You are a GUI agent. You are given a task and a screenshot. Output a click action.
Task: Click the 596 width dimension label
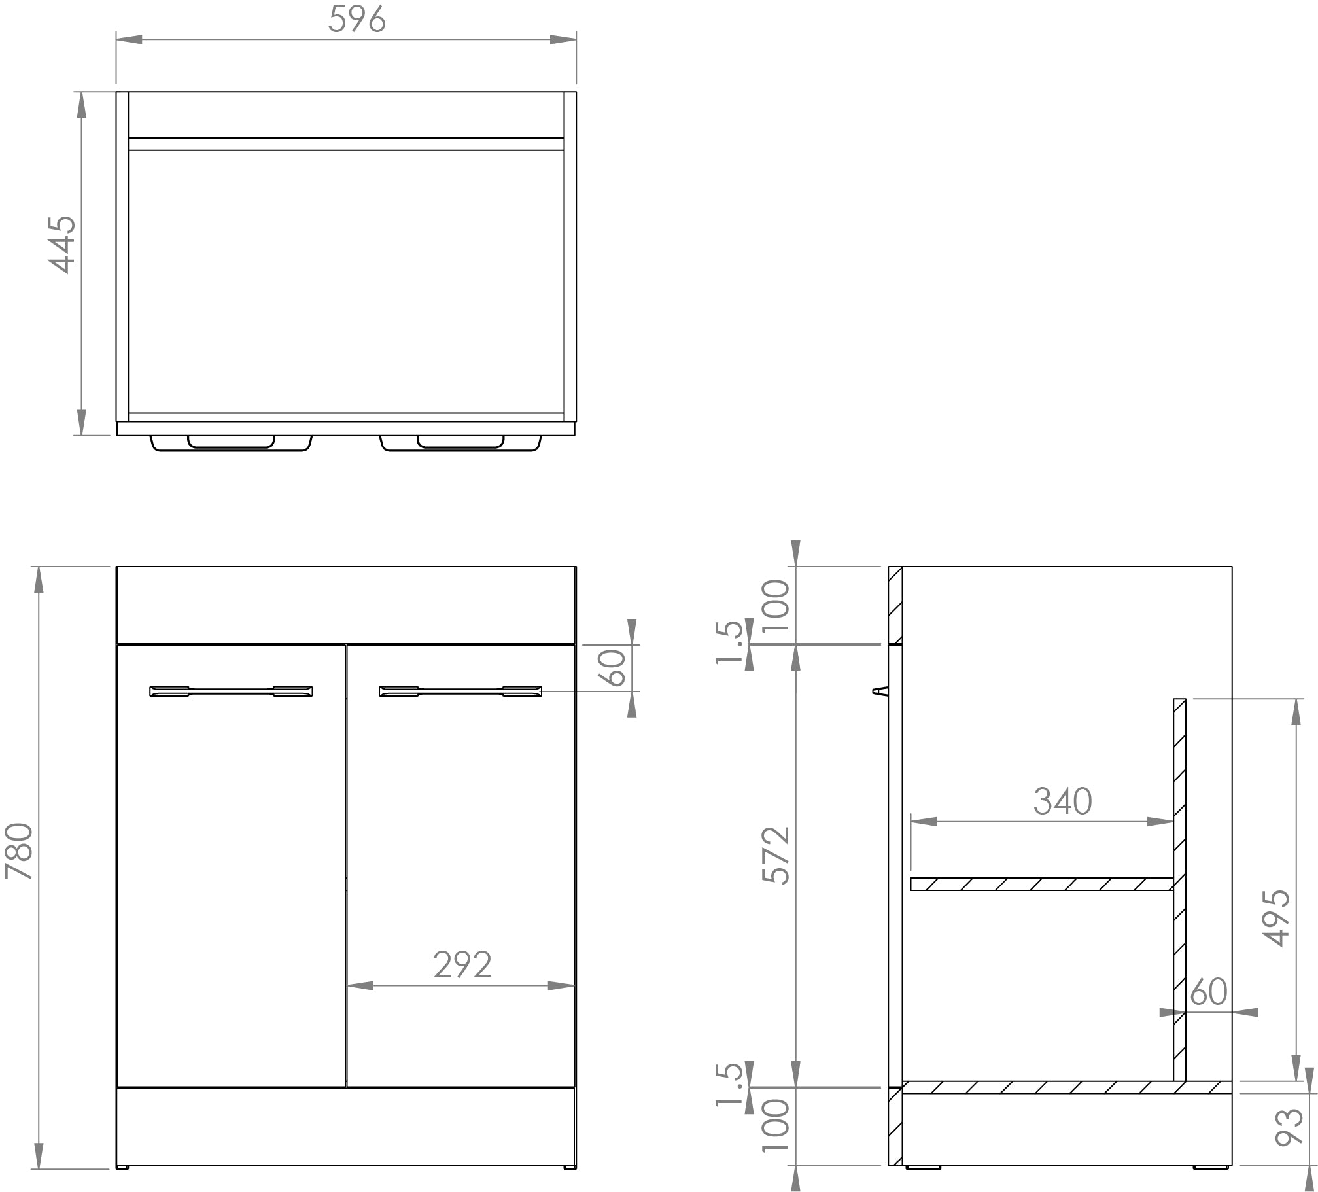[x=357, y=20]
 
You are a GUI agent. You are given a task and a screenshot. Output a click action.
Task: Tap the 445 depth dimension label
[x=63, y=244]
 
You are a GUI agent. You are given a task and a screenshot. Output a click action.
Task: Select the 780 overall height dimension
[x=19, y=851]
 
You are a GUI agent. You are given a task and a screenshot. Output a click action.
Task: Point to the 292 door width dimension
[x=462, y=965]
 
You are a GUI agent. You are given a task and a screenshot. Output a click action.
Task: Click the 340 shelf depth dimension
[x=1062, y=801]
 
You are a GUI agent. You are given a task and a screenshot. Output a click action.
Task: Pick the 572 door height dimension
[x=777, y=856]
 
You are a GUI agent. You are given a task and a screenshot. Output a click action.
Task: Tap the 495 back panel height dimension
[x=1276, y=919]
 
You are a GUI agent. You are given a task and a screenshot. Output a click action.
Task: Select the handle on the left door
[x=231, y=691]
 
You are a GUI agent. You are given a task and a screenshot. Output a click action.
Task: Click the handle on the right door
[x=460, y=691]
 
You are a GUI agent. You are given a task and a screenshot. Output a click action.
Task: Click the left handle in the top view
[x=231, y=444]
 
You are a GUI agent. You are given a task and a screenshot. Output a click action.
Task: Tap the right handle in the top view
[x=460, y=444]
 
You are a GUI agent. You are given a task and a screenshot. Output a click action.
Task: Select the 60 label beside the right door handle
[x=616, y=667]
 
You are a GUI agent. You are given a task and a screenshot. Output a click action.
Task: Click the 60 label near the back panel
[x=1208, y=992]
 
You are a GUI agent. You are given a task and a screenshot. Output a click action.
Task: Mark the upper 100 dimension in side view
[x=777, y=605]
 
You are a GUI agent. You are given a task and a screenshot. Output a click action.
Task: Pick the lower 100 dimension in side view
[x=777, y=1126]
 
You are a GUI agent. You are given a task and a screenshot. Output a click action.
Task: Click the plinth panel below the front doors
[x=346, y=1126]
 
